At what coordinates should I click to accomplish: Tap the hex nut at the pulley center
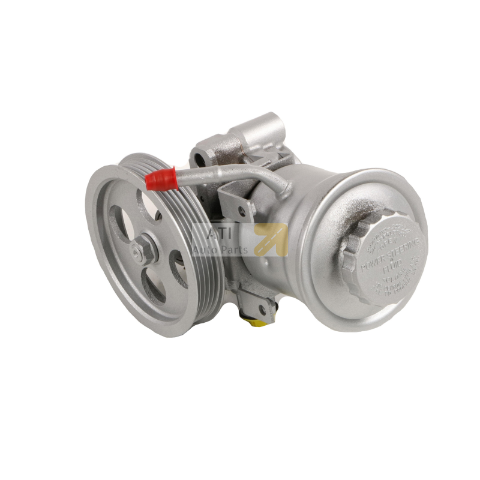point(146,251)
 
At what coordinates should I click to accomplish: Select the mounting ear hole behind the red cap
point(198,160)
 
